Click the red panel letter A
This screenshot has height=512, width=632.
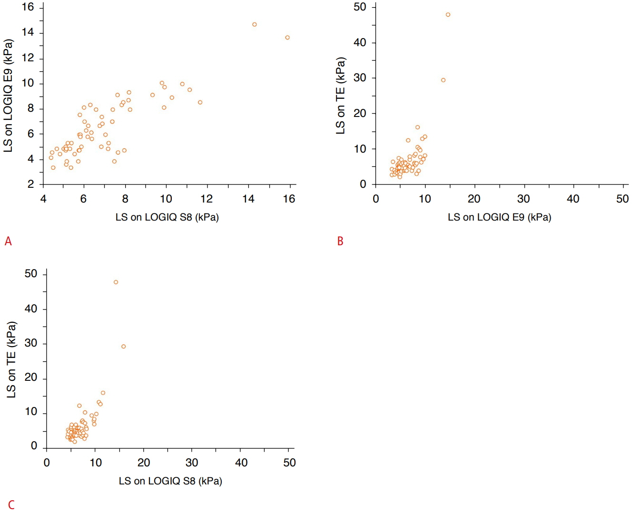click(8, 242)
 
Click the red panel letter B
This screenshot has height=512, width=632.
click(340, 242)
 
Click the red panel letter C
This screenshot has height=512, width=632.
click(11, 505)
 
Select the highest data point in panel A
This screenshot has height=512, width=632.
click(255, 25)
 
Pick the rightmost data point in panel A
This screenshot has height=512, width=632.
click(287, 38)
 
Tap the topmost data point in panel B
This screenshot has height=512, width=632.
click(448, 15)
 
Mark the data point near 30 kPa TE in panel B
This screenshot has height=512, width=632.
click(443, 80)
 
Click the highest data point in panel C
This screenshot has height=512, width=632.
click(116, 282)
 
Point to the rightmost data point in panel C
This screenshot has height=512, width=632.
click(124, 347)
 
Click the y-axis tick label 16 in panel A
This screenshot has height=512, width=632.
click(28, 7)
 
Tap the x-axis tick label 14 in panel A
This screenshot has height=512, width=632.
click(248, 199)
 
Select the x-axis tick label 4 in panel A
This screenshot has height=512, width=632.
click(43, 199)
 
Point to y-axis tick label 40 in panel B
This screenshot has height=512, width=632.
click(360, 43)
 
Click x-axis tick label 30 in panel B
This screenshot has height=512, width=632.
click(523, 199)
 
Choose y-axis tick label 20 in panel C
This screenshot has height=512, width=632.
click(31, 377)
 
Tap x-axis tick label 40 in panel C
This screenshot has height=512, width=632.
click(241, 463)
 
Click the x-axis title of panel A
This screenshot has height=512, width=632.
click(167, 217)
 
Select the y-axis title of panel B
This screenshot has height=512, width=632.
click(340, 96)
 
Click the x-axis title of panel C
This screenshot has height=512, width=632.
click(170, 481)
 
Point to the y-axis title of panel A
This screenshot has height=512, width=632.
click(8, 96)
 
